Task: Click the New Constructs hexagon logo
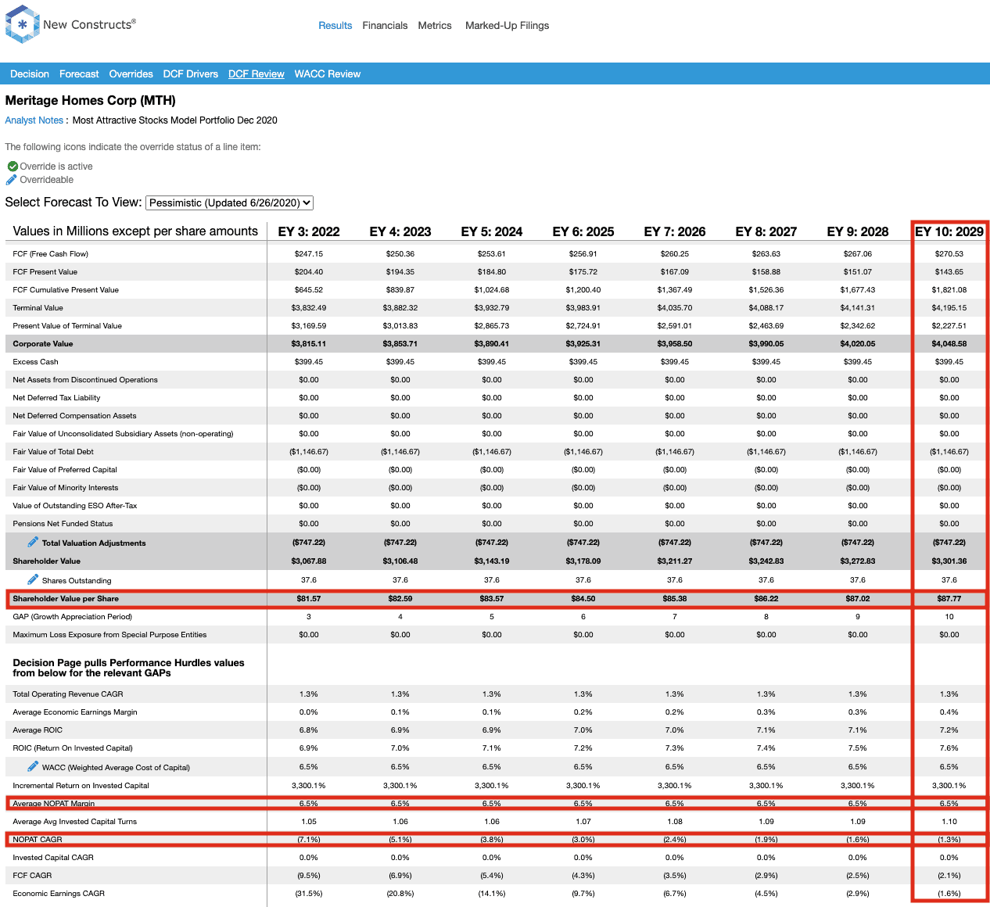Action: click(x=22, y=24)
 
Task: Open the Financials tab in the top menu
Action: click(x=385, y=25)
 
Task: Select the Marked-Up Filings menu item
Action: click(x=507, y=25)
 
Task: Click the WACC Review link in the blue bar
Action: click(x=327, y=74)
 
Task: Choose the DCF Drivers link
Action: click(x=191, y=74)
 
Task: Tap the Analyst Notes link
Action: click(x=34, y=120)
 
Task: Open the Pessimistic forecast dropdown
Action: click(x=229, y=203)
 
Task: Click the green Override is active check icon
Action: click(x=13, y=167)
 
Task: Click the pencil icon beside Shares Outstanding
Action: click(x=33, y=579)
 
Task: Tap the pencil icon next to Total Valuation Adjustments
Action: click(x=33, y=542)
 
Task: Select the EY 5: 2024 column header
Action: click(x=492, y=231)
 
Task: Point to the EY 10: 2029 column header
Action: click(x=949, y=231)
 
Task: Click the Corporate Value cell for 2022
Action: click(x=308, y=344)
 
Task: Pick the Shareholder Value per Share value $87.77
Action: click(x=949, y=599)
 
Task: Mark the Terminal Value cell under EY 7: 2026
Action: click(x=675, y=308)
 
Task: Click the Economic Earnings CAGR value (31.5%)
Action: click(x=308, y=894)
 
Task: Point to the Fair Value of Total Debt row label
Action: click(x=53, y=451)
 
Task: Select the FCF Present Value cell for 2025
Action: click(x=583, y=272)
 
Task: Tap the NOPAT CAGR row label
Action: click(x=38, y=840)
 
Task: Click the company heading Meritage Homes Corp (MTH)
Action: click(x=90, y=101)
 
